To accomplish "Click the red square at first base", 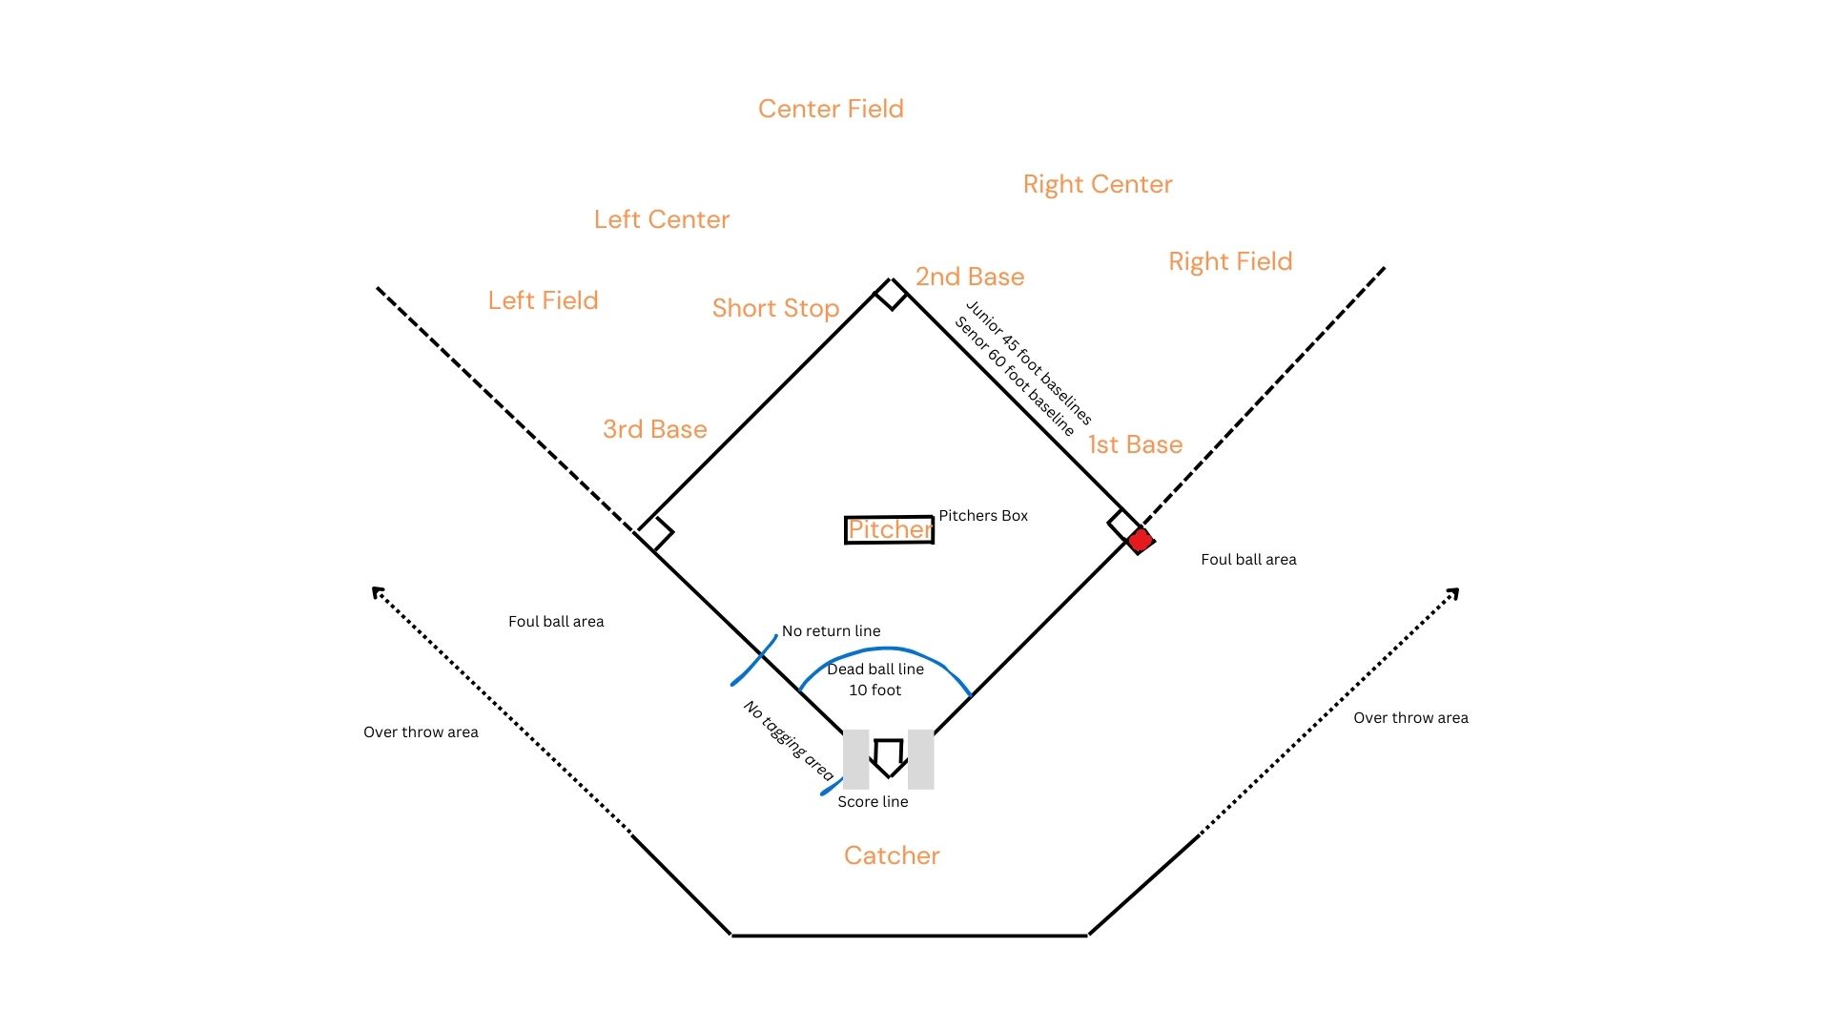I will [1140, 541].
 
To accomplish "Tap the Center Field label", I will [831, 109].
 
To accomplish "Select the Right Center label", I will [1098, 184].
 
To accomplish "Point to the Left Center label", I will [662, 219].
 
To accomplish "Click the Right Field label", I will [1230, 261].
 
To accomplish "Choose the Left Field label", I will [543, 300].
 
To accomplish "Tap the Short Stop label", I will [775, 308].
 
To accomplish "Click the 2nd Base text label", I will [970, 277].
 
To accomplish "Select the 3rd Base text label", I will [655, 429].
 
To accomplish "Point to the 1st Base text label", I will [1135, 444].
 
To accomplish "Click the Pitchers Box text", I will [983, 516].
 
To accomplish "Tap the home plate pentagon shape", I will [889, 757].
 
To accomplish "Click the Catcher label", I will [892, 855].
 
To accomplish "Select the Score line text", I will [873, 802].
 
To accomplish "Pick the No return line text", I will [831, 631].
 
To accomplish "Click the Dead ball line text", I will [874, 669].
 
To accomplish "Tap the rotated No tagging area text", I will [789, 741].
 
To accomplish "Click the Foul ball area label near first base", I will [1248, 560].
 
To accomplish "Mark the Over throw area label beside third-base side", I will [421, 732].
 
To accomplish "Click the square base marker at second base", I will [891, 293].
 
